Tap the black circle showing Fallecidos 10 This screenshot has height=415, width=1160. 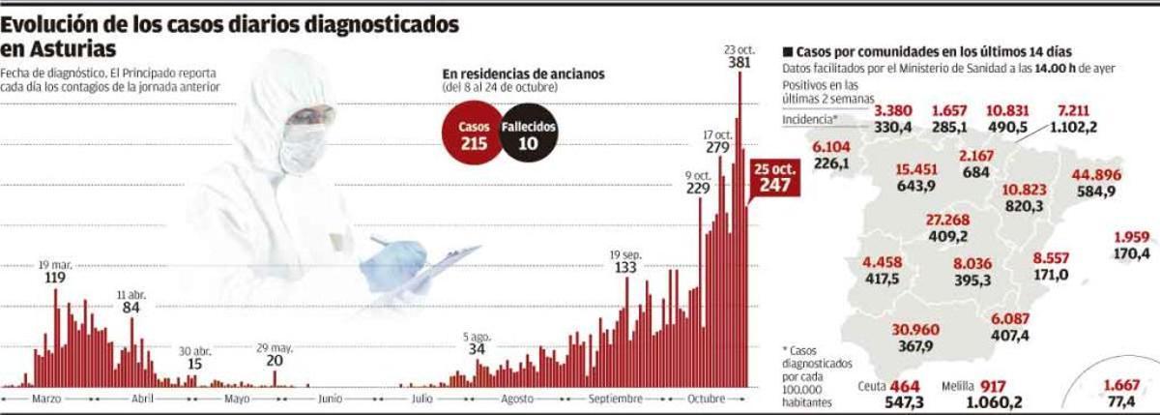tap(528, 133)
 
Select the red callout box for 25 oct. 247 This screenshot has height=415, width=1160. tap(775, 177)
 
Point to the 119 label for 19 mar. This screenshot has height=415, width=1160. tap(54, 279)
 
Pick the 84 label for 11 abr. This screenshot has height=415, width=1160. tap(132, 308)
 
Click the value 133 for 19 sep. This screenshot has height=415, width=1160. tap(625, 267)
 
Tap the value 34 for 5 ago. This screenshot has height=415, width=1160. tap(477, 349)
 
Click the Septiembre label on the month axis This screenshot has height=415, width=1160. tap(614, 399)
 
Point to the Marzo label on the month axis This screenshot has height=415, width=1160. tap(46, 399)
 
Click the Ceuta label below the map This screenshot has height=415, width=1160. tap(872, 385)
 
